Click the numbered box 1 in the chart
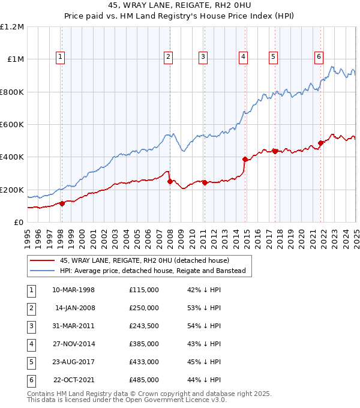click(61, 57)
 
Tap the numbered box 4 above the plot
click(244, 57)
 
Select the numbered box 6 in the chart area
click(319, 57)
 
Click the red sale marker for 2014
click(245, 159)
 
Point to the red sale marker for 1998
click(62, 203)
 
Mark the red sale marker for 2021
click(320, 143)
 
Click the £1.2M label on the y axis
click(12, 27)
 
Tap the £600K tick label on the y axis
click(12, 124)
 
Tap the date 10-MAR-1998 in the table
click(73, 290)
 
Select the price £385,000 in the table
click(144, 344)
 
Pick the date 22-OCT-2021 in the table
click(74, 380)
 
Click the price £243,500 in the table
click(144, 326)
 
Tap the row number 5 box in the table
click(31, 362)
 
